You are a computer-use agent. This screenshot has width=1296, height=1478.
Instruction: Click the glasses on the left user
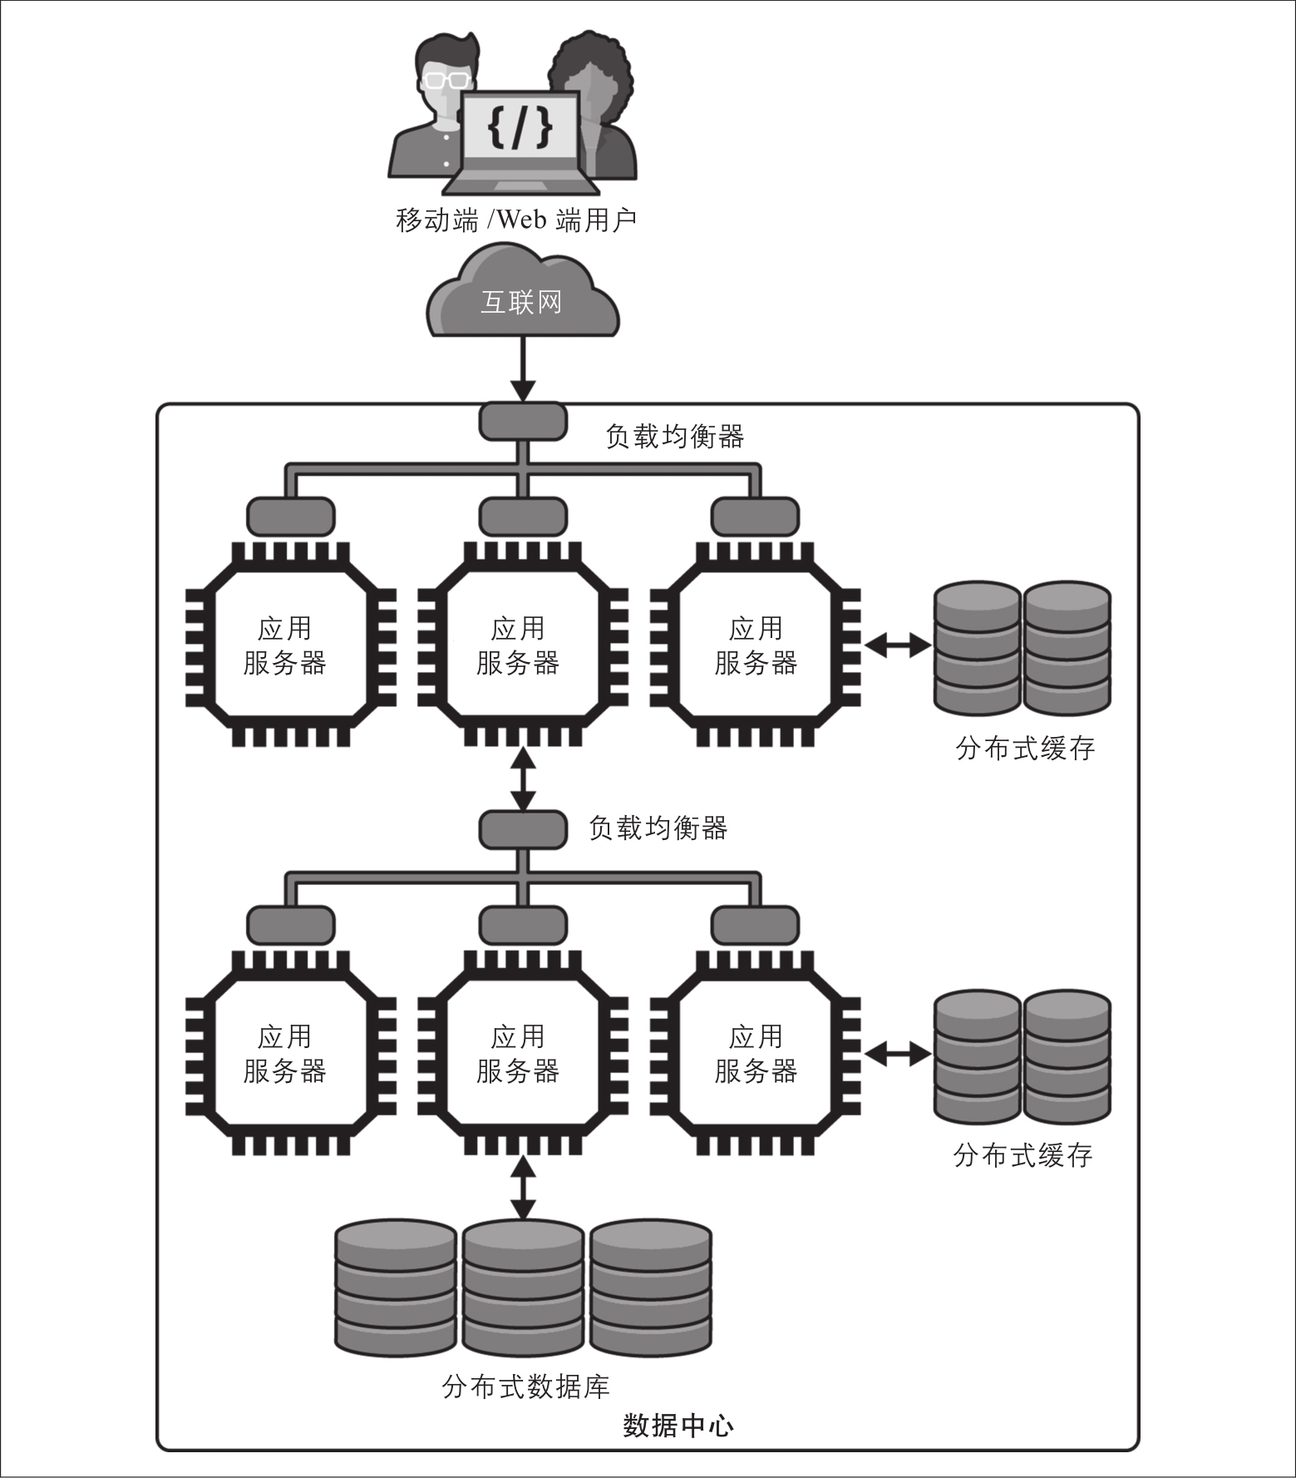(445, 81)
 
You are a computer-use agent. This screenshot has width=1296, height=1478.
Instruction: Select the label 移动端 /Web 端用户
(516, 220)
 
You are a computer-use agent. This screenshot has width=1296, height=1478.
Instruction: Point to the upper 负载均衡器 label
(674, 436)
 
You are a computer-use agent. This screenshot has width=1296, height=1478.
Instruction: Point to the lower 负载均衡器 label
(658, 828)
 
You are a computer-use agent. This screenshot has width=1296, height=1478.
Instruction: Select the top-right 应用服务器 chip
(755, 645)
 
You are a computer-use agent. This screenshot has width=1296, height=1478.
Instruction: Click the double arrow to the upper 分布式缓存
(898, 645)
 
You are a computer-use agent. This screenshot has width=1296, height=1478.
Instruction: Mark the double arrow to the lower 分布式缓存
(898, 1054)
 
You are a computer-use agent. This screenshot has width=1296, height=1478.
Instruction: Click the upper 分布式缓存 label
(1025, 749)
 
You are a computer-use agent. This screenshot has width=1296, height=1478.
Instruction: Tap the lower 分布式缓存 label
(1023, 1155)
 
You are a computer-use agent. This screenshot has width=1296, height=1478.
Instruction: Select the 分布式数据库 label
(526, 1387)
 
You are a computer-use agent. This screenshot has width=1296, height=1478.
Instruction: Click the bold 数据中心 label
(678, 1426)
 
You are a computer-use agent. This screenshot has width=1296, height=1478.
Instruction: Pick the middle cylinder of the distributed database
(523, 1287)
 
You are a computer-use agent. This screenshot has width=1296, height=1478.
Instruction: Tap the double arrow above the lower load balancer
(523, 779)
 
